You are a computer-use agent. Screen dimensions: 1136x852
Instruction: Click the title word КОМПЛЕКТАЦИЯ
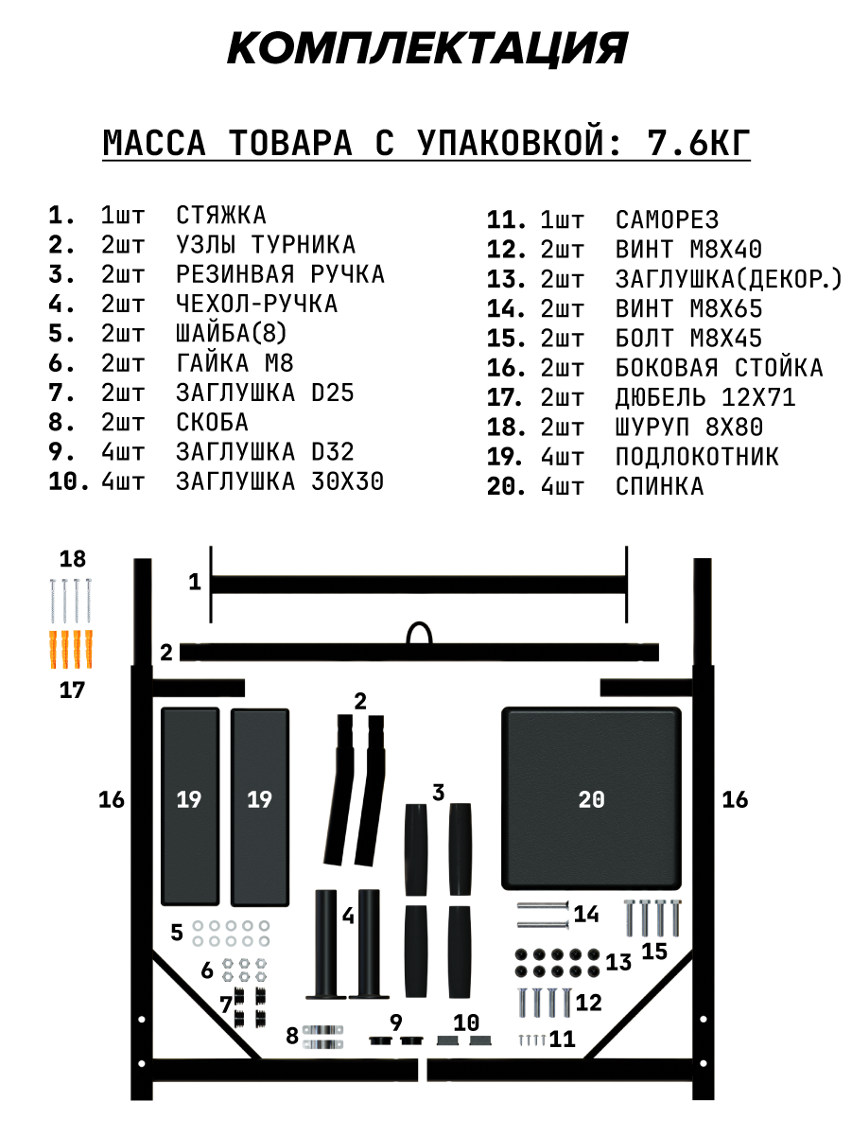426,48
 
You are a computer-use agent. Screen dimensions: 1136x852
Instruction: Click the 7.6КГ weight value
699,144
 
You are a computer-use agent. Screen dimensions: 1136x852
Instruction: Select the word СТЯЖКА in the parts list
221,216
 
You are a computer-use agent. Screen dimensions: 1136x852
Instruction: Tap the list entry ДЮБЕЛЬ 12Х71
705,397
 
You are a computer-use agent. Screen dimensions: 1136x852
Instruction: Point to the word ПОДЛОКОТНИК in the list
697,457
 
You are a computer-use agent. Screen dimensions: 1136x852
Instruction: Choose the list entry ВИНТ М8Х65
688,308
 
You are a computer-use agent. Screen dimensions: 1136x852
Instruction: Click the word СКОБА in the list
212,422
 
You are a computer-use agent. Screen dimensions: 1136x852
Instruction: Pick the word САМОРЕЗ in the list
667,220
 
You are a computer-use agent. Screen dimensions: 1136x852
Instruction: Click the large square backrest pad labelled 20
591,799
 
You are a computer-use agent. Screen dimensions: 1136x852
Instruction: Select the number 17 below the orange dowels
72,690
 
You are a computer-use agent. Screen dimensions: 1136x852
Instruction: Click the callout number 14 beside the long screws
586,915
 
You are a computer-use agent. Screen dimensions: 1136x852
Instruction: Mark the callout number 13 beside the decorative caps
618,963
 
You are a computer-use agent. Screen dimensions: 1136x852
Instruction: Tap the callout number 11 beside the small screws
563,1040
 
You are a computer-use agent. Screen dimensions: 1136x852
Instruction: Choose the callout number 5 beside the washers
177,933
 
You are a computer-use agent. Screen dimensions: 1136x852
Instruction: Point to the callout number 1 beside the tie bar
195,582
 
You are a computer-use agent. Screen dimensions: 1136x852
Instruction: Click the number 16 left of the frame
112,800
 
